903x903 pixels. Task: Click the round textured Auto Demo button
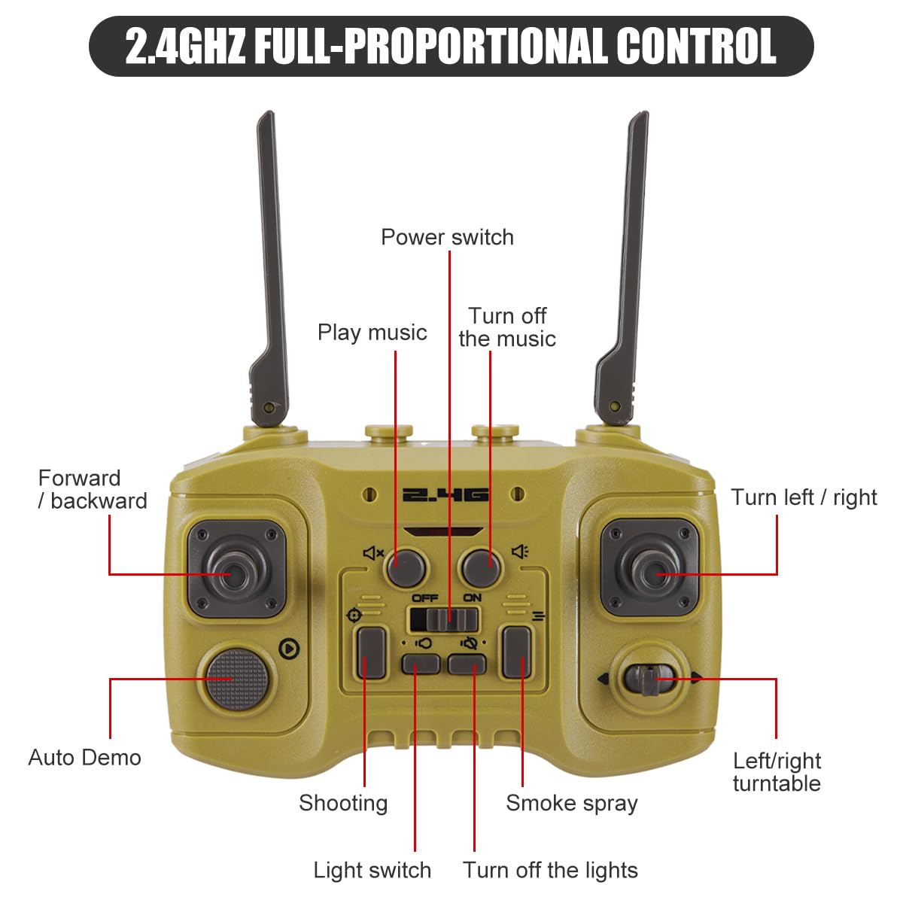(x=237, y=679)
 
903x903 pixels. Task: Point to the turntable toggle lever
(x=649, y=679)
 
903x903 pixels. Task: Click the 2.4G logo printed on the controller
(x=445, y=495)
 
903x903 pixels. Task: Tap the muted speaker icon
(x=373, y=553)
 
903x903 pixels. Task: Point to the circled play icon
(x=289, y=649)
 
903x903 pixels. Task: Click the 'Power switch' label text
(x=447, y=237)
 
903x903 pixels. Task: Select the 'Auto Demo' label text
(x=85, y=758)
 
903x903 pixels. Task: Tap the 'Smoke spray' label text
(x=572, y=803)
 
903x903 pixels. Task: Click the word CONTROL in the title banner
(x=696, y=46)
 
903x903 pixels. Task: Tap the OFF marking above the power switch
(x=425, y=598)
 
